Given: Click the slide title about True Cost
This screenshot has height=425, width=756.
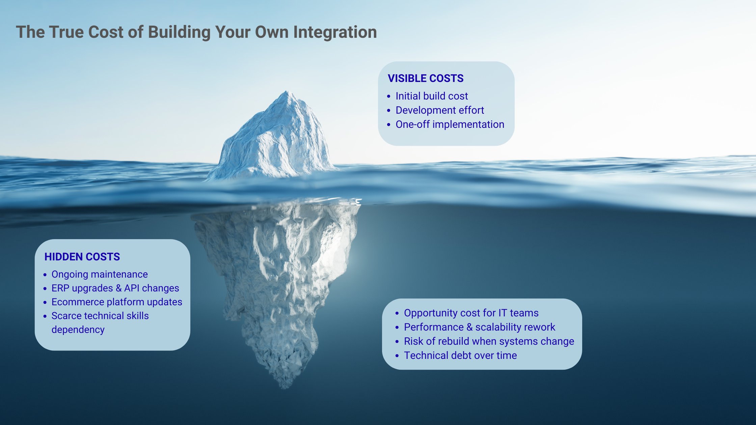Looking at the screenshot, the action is [x=196, y=32].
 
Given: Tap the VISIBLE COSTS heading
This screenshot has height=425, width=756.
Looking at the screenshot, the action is [x=426, y=78].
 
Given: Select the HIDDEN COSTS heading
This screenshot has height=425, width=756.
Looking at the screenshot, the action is [x=82, y=257].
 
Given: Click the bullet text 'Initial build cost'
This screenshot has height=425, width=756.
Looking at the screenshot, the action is [x=432, y=96].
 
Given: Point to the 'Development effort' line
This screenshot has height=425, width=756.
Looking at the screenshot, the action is [x=440, y=110].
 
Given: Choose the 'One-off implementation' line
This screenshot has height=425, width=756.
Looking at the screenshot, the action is [x=450, y=124].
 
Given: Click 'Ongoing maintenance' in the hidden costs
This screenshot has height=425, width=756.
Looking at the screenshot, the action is [x=100, y=275].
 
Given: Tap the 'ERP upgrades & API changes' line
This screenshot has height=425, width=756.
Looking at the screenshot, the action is [x=115, y=288].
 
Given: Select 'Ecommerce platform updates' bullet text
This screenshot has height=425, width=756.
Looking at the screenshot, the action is [x=117, y=302].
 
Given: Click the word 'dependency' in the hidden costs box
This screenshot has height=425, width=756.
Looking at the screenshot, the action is [x=78, y=330].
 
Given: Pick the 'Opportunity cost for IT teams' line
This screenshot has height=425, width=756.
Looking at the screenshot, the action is [x=471, y=313].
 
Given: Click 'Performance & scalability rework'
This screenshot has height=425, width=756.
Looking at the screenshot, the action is [x=480, y=327].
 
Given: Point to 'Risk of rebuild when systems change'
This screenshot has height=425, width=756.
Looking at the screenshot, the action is [x=489, y=341].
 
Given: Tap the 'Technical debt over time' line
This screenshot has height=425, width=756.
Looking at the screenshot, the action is [x=460, y=356].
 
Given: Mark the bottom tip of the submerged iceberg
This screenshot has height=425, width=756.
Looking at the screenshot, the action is [x=285, y=388].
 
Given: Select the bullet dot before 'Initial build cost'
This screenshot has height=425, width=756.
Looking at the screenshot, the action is [x=389, y=96].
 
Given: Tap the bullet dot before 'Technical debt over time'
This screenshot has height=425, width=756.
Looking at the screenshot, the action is [x=397, y=356].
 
